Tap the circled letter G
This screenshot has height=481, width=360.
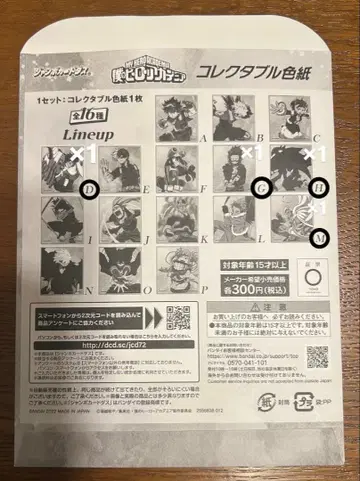[x=263, y=187]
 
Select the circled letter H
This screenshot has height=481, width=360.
[x=319, y=187]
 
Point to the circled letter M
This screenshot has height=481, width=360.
[x=319, y=237]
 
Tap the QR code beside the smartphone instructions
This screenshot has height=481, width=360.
[x=179, y=319]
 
